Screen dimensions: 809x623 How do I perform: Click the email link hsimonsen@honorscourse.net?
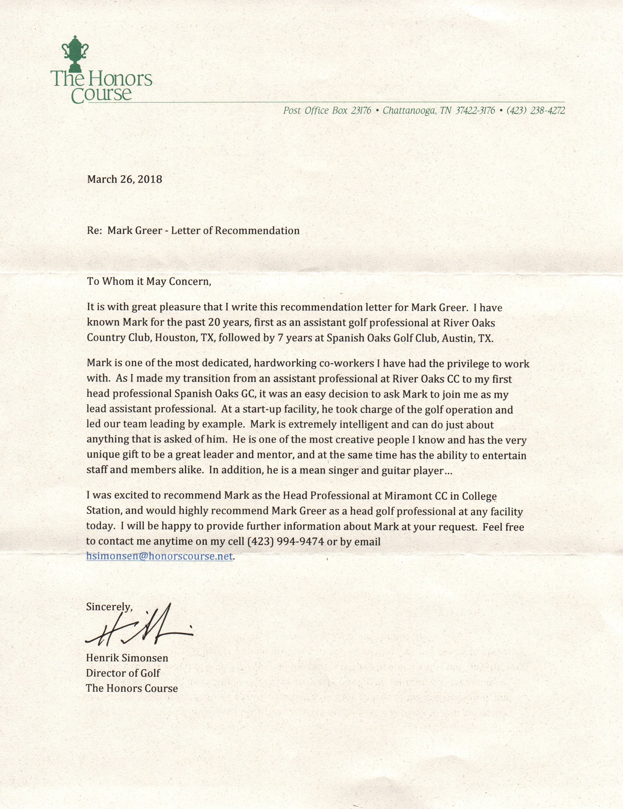pyautogui.click(x=160, y=556)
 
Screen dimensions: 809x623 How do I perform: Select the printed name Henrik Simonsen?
pyautogui.click(x=127, y=658)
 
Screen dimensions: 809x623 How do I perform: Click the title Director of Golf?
pyautogui.click(x=123, y=673)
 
